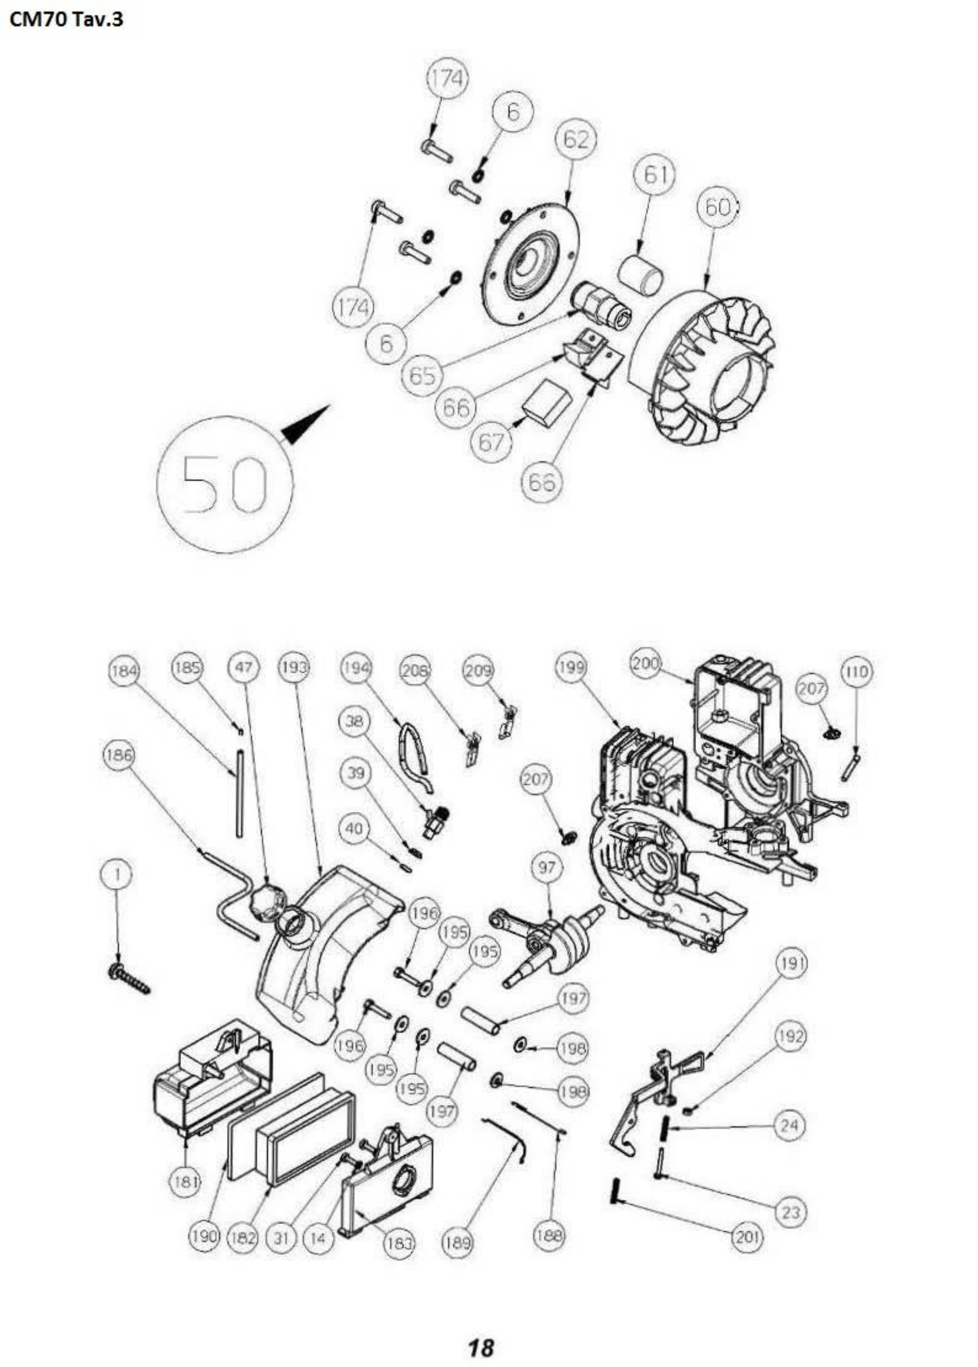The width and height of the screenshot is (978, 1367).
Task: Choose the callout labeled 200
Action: [x=645, y=664]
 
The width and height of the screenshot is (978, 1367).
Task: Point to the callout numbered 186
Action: [x=119, y=755]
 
